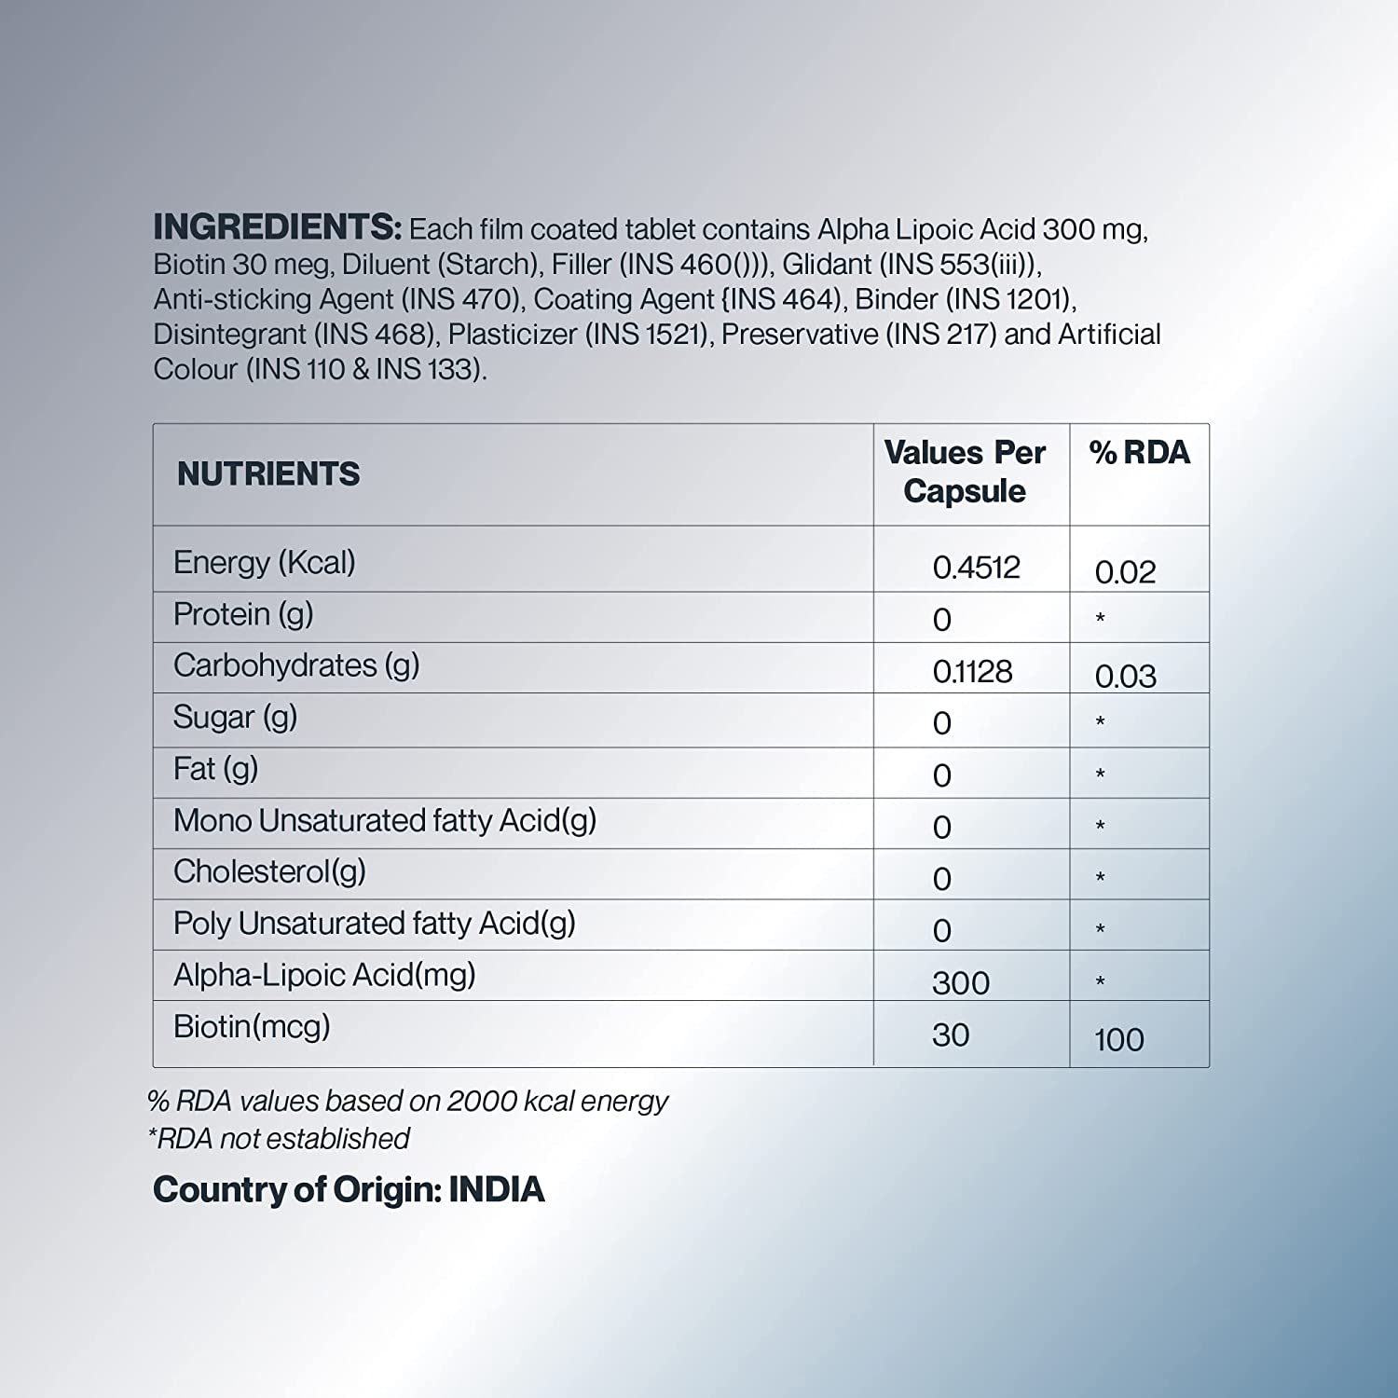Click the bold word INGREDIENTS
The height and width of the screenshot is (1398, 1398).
tap(277, 227)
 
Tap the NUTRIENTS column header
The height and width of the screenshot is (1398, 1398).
tap(268, 474)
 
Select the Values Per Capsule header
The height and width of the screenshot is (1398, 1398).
tap(965, 472)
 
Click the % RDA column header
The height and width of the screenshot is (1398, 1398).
tap(1139, 453)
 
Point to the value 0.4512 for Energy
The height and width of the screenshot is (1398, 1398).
tap(976, 568)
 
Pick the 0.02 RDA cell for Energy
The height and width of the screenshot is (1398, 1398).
tap(1125, 572)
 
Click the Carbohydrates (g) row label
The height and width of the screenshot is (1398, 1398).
tap(296, 665)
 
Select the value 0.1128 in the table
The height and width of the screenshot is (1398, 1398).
tap(972, 672)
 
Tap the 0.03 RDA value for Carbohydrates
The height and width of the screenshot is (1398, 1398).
tap(1125, 677)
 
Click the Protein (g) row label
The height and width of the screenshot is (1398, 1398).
tap(243, 614)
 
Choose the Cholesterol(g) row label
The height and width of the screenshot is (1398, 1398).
tap(269, 871)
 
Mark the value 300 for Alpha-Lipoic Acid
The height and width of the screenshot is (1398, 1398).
tap(961, 983)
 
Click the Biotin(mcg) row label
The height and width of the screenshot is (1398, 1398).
tap(252, 1027)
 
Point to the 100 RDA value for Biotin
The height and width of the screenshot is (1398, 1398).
tap(1118, 1040)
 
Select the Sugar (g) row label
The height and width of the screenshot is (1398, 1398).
tap(235, 718)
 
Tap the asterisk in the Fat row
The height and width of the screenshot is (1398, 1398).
tap(1101, 774)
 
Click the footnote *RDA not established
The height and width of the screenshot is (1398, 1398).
tap(279, 1139)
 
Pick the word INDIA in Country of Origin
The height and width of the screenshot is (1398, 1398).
tap(497, 1190)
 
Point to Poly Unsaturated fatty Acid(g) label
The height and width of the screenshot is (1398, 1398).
tap(374, 924)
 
